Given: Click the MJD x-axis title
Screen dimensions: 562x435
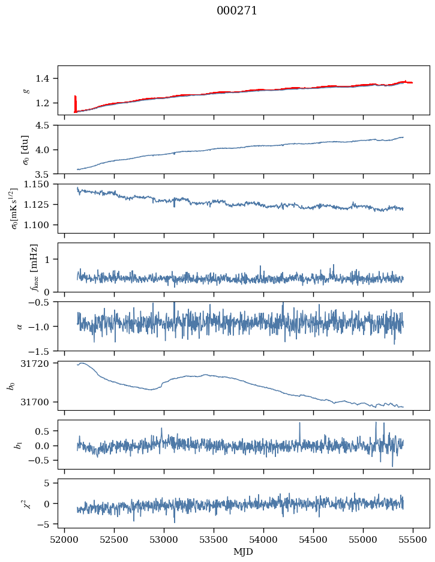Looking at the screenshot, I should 243,552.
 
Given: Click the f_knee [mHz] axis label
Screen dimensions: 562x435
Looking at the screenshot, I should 34,267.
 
